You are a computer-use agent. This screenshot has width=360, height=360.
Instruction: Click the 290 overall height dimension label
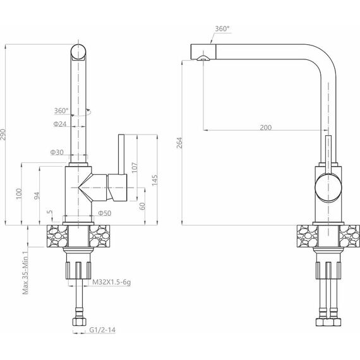click(x=3, y=135)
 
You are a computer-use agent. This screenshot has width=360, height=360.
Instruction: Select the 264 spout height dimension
click(x=179, y=143)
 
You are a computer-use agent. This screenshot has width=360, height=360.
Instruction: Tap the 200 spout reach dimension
click(x=266, y=128)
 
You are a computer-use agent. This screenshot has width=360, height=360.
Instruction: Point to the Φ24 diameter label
click(x=60, y=124)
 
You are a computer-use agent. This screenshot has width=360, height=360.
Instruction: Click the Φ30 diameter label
click(x=57, y=152)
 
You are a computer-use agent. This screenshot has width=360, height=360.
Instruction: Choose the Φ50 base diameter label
click(x=105, y=213)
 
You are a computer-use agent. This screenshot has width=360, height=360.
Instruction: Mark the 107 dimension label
click(x=135, y=167)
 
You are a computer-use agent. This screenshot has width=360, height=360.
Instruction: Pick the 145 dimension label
click(x=155, y=180)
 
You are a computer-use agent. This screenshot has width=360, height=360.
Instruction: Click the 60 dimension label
click(x=142, y=206)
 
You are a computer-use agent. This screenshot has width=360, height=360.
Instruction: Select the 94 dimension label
click(x=37, y=196)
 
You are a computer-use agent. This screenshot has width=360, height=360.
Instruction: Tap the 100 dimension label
click(x=19, y=193)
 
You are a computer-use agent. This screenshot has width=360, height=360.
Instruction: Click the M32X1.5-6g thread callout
click(x=111, y=282)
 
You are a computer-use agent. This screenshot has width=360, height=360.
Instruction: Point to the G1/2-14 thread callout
click(x=102, y=330)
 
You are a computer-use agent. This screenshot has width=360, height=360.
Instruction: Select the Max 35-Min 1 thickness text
click(x=25, y=272)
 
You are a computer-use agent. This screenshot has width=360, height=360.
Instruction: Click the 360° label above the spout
click(x=222, y=28)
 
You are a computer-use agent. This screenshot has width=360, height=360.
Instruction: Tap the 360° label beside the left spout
click(x=61, y=111)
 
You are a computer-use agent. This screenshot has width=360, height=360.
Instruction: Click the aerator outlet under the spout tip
click(x=203, y=58)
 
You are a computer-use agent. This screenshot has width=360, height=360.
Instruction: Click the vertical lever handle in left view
click(x=121, y=155)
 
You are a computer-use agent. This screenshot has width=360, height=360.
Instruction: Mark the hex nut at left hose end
click(x=80, y=321)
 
